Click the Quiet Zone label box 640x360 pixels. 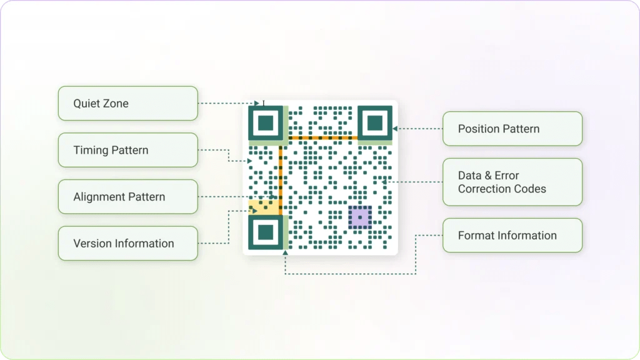(127, 103)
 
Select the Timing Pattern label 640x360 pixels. (127, 150)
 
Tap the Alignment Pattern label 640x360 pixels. (127, 197)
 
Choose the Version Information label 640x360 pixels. (127, 244)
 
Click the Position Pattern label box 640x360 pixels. (512, 129)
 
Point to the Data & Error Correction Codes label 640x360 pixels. (512, 182)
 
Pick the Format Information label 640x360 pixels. (512, 236)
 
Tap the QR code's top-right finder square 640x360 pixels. (375, 122)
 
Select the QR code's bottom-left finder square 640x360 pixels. (266, 232)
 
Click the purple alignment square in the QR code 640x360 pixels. (359, 217)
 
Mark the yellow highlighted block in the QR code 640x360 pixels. (262, 207)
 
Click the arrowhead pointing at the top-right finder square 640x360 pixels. (395, 129)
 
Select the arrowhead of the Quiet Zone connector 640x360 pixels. (256, 103)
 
